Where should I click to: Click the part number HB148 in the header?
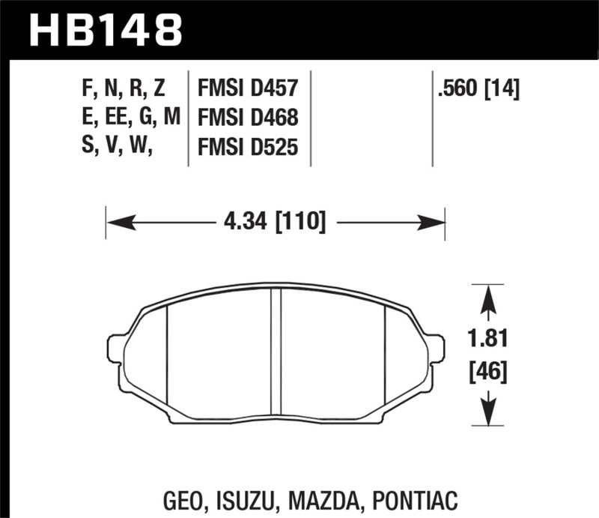pyautogui.click(x=104, y=31)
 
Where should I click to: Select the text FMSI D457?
pyautogui.click(x=248, y=90)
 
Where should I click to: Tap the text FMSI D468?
pyautogui.click(x=248, y=119)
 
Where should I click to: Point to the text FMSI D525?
pyautogui.click(x=248, y=148)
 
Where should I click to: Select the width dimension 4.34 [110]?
pyautogui.click(x=276, y=222)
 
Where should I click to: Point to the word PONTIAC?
pyautogui.click(x=422, y=499)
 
